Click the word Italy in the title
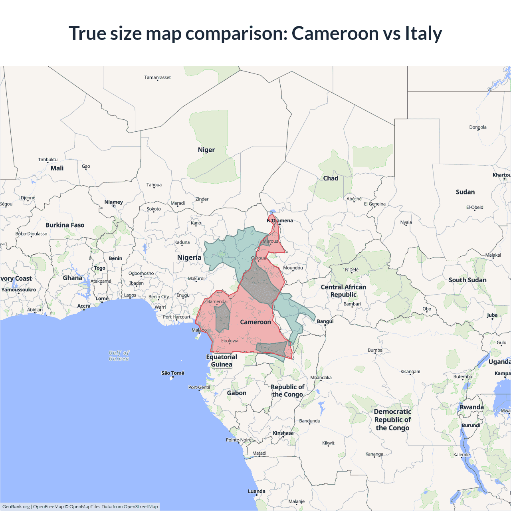click(x=423, y=33)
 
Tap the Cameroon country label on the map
click(x=255, y=322)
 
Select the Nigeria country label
click(x=189, y=257)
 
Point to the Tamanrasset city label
click(x=157, y=77)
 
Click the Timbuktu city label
click(x=48, y=160)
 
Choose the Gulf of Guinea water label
click(x=119, y=355)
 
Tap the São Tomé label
click(x=173, y=373)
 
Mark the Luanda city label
click(x=256, y=491)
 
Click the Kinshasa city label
click(x=283, y=433)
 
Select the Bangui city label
click(x=325, y=321)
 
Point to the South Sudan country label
click(x=467, y=280)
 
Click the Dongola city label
click(x=478, y=127)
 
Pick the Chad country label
click(x=331, y=178)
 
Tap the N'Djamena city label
click(x=280, y=220)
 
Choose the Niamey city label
click(x=114, y=202)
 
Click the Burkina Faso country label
click(x=65, y=225)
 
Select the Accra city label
click(x=84, y=306)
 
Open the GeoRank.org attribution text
click(x=16, y=507)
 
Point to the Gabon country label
click(x=237, y=393)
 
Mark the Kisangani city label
click(x=410, y=372)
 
